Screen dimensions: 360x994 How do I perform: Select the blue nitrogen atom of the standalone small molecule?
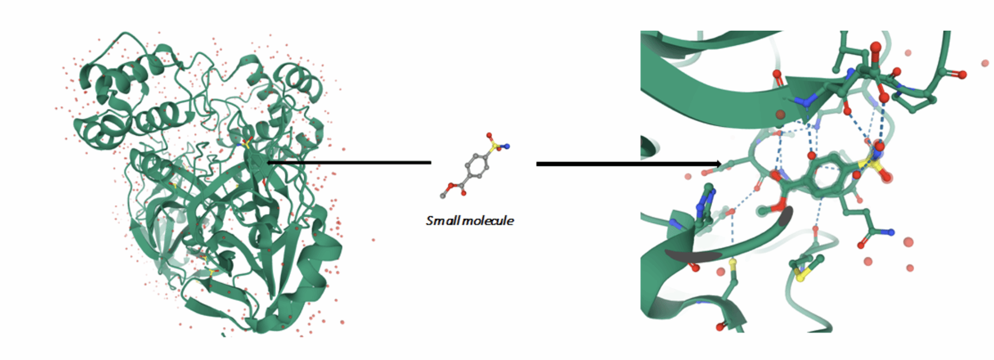click(x=507, y=146)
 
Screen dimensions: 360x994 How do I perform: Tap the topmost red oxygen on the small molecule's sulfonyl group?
click(x=489, y=135)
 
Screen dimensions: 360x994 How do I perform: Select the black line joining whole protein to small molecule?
click(x=350, y=162)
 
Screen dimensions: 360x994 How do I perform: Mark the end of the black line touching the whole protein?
click(x=268, y=162)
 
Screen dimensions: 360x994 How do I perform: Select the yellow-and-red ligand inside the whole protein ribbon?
click(x=246, y=144)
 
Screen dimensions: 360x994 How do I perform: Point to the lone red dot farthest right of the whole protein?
click(x=374, y=240)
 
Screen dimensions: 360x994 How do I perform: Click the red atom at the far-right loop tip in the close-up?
click(x=963, y=74)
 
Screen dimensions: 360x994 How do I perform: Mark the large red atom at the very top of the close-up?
click(x=875, y=47)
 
